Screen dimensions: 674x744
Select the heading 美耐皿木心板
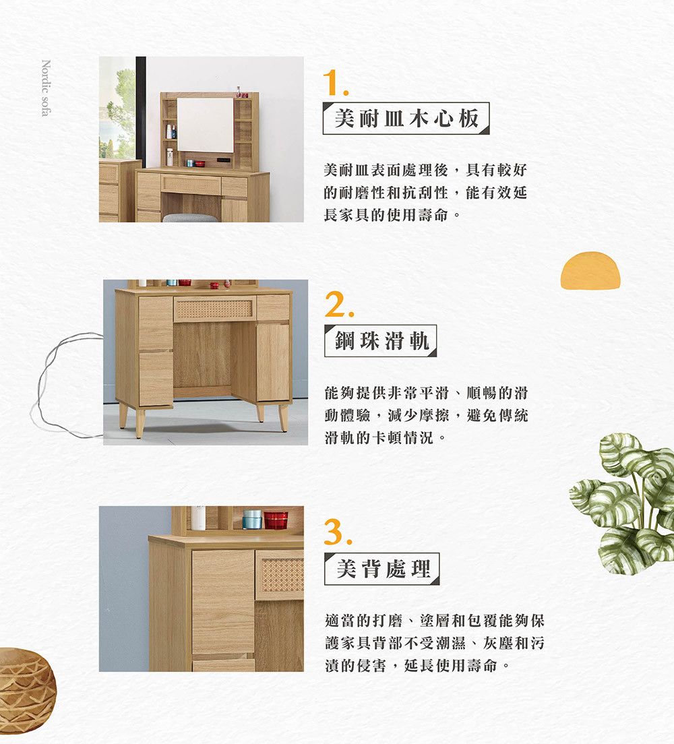pyautogui.click(x=406, y=118)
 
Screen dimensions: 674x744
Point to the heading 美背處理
pyautogui.click(x=383, y=568)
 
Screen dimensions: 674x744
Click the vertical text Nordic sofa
pyautogui.click(x=46, y=88)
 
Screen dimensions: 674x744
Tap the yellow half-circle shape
pyautogui.click(x=590, y=270)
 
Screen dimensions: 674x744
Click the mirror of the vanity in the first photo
pyautogui.click(x=205, y=125)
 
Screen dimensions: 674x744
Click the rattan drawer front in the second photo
pyautogui.click(x=214, y=309)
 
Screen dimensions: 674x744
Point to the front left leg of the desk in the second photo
pyautogui.click(x=140, y=423)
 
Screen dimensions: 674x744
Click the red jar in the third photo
pyautogui.click(x=276, y=520)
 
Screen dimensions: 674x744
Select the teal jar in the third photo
pyautogui.click(x=252, y=520)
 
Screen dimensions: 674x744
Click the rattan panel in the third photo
pyautogui.click(x=282, y=575)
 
